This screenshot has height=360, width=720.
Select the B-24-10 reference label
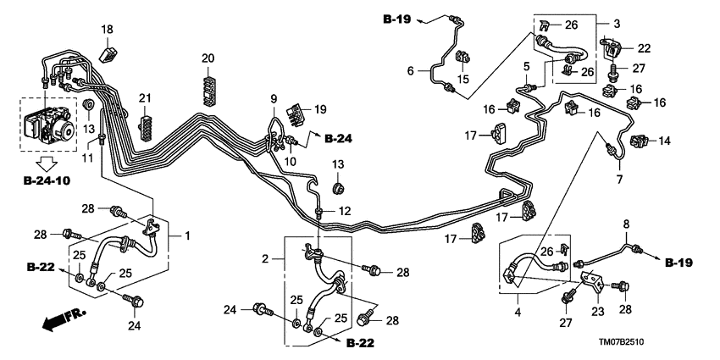pos(48,181)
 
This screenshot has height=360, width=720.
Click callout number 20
pos(208,58)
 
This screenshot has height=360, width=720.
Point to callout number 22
pos(645,47)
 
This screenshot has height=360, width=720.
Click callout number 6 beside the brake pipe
pos(412,72)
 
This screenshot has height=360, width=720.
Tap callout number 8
pos(628,225)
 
